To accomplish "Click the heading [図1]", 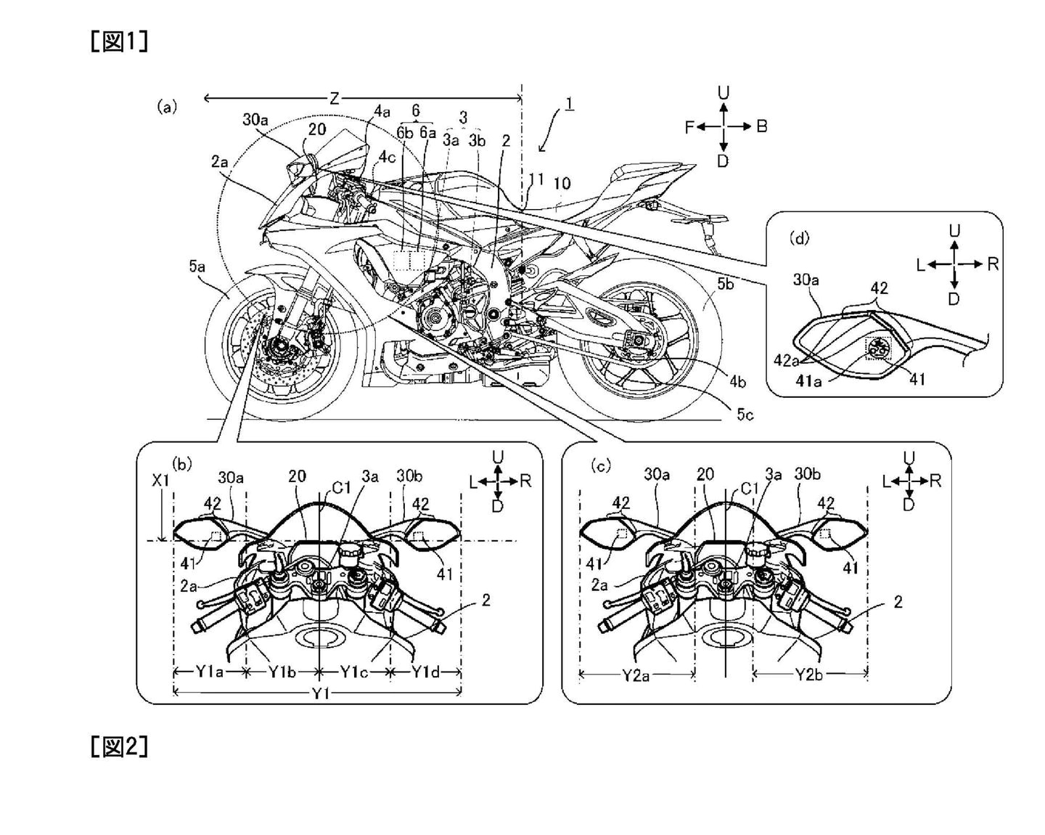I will [120, 41].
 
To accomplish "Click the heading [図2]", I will [120, 746].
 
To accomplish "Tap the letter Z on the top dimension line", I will [335, 99].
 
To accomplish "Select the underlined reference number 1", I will [570, 104].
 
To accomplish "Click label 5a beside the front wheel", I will [197, 267].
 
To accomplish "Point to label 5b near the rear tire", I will [725, 284].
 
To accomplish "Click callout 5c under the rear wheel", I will [745, 414].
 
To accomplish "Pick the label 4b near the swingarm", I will [737, 381].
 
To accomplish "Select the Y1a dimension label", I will [209, 672].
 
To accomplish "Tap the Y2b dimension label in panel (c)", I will [808, 675].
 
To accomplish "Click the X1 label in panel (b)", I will [161, 481].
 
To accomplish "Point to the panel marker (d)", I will [799, 237].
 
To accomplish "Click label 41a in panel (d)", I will [808, 380].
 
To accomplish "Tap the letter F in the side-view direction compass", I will [690, 127].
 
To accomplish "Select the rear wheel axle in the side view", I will [637, 338].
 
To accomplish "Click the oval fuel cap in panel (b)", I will [320, 638].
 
